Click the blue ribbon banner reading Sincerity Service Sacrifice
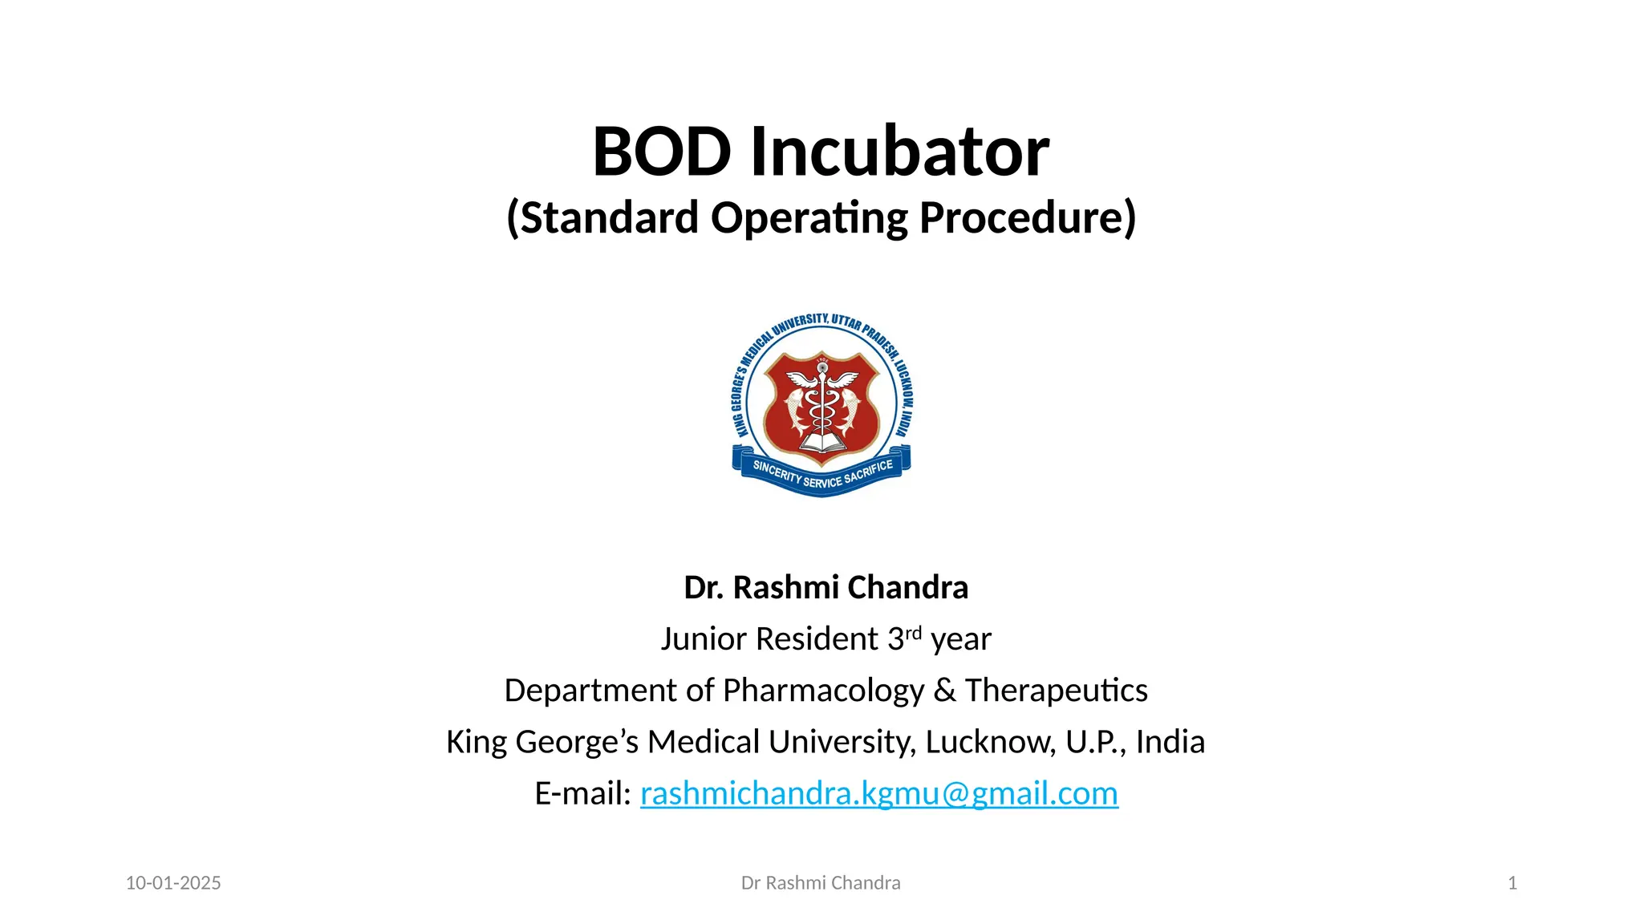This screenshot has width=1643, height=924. [x=821, y=475]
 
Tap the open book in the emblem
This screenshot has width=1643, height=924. [x=821, y=442]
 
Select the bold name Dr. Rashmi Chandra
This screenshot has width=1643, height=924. [x=826, y=588]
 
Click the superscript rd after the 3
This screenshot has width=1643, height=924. [x=913, y=633]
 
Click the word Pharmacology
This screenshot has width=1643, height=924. [x=823, y=691]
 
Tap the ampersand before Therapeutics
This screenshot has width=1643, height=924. [x=944, y=691]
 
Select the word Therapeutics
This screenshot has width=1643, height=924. [x=1056, y=691]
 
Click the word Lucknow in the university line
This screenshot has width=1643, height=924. [x=990, y=742]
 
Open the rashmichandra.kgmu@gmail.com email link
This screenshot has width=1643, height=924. [x=878, y=793]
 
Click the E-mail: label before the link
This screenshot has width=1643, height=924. [x=583, y=793]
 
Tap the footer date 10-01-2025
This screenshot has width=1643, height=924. [x=173, y=883]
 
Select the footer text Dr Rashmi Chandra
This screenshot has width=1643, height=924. [x=821, y=883]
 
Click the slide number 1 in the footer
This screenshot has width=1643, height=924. [x=1512, y=883]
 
